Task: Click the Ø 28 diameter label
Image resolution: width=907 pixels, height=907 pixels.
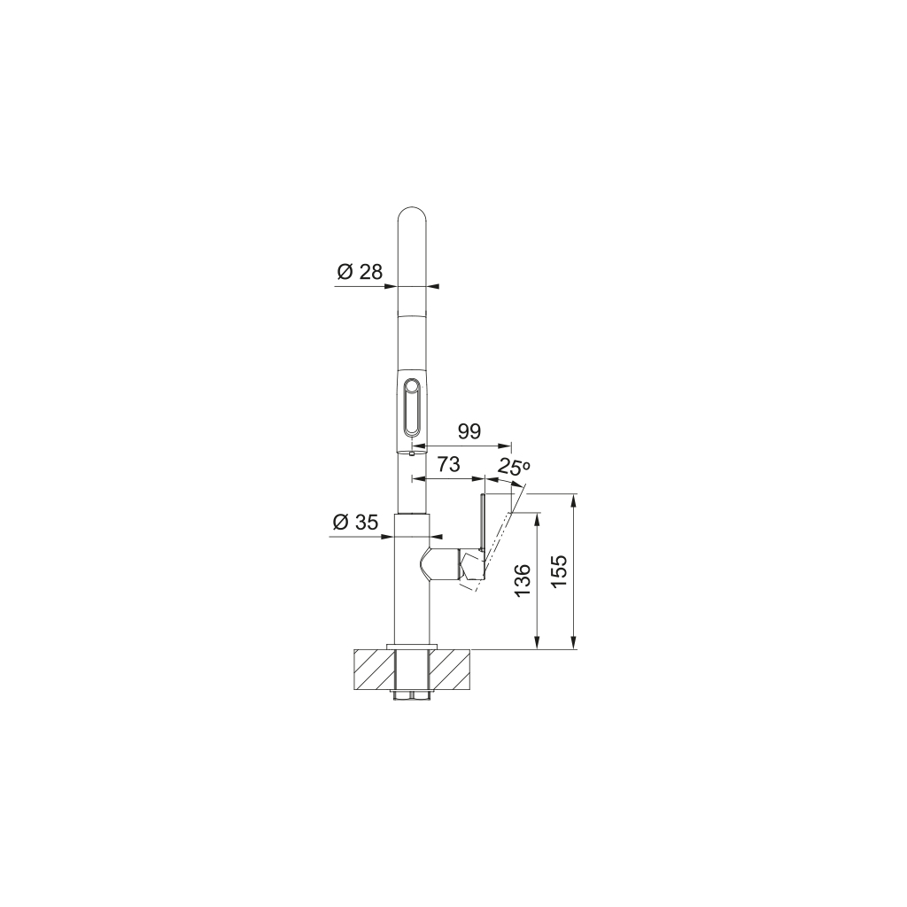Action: click(360, 271)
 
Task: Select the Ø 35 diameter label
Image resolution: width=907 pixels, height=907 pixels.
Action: click(355, 523)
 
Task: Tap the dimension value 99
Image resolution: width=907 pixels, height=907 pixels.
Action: click(469, 431)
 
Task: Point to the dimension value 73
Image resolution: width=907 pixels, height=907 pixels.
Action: click(447, 464)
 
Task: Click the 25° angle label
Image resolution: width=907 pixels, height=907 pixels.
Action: click(513, 466)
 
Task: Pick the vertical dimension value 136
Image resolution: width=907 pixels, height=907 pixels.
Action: click(523, 581)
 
